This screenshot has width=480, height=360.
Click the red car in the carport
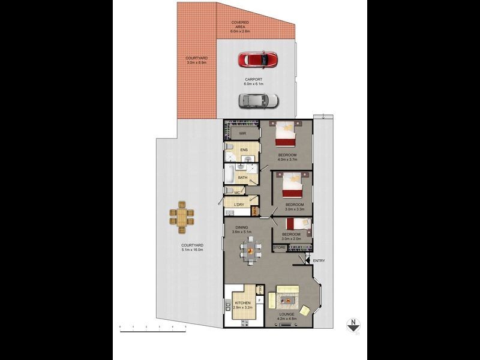tap(257, 60)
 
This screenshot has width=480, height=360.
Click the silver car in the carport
tap(257, 101)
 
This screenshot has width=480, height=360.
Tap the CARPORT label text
tap(253, 79)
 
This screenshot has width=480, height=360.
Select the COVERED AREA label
tap(241, 25)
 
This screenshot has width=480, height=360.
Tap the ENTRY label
tap(319, 260)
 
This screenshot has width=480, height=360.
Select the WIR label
tap(243, 133)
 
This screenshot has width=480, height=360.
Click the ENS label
tap(244, 150)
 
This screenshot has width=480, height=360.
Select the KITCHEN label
tap(243, 304)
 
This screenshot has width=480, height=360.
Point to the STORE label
tap(280, 247)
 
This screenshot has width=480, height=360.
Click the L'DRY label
tap(238, 205)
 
